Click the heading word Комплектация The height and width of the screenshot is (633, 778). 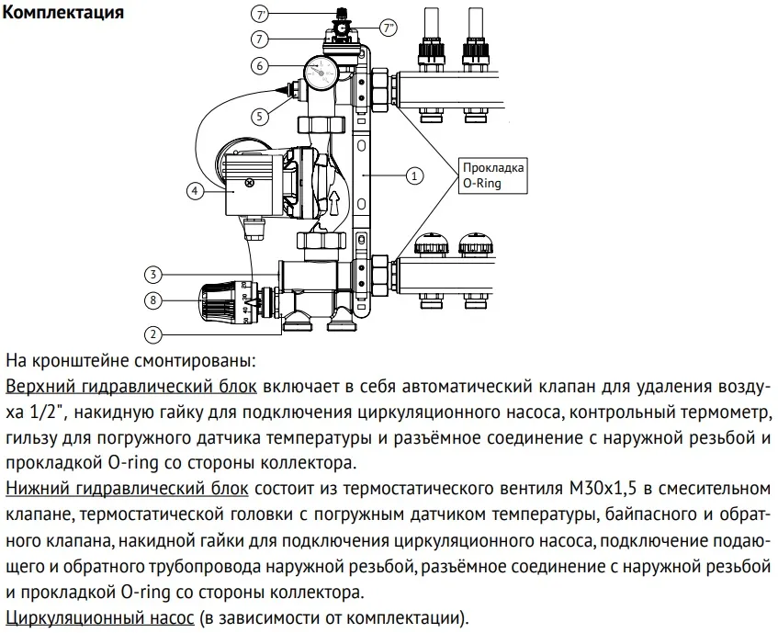[63, 14]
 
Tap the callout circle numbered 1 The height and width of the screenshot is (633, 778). [413, 174]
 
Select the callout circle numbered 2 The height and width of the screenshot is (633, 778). [155, 334]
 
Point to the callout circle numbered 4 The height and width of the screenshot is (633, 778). [195, 190]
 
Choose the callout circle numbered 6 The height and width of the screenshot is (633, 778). [261, 65]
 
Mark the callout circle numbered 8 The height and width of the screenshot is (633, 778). [155, 300]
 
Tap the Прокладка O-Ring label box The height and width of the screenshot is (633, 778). [493, 175]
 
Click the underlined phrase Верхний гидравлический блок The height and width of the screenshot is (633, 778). [130, 384]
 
